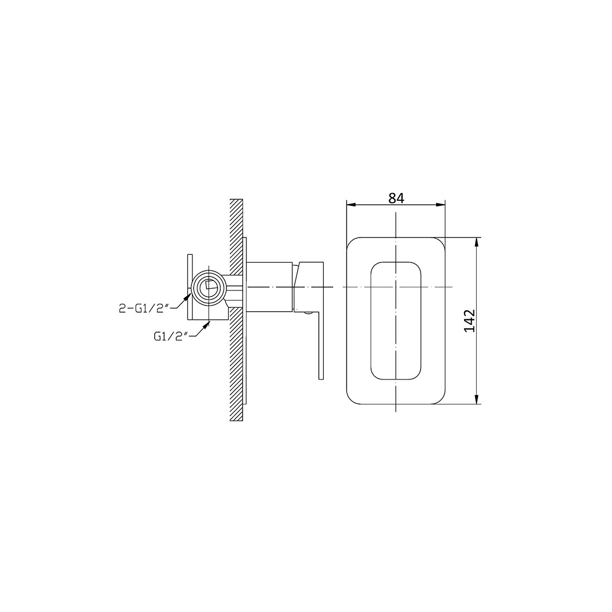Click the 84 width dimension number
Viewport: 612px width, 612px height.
(x=396, y=198)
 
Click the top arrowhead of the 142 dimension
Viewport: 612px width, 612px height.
(x=477, y=243)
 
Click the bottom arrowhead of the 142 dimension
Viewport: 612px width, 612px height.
(x=477, y=400)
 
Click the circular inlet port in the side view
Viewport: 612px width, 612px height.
(x=209, y=287)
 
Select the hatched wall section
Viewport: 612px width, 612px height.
(x=236, y=312)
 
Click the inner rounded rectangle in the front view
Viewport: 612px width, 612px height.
(x=396, y=321)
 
